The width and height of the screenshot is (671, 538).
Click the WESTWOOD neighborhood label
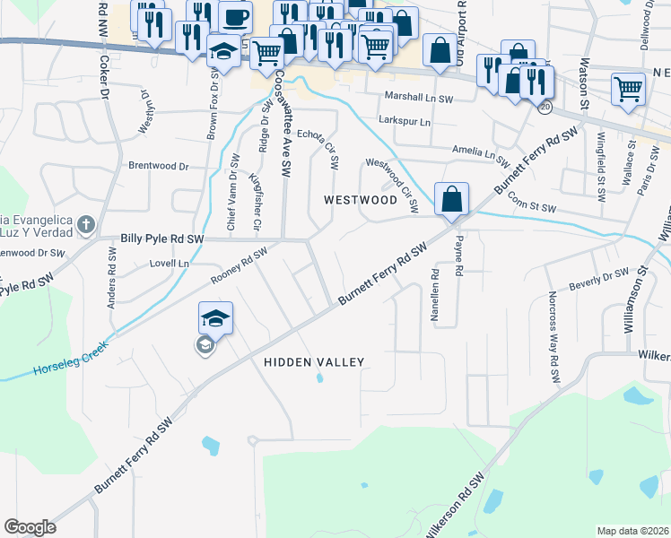click(x=361, y=199)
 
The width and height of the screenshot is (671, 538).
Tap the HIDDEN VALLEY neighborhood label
click(x=314, y=362)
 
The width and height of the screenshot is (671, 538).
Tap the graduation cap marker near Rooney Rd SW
click(x=215, y=317)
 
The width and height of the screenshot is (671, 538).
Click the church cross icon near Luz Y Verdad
click(x=85, y=223)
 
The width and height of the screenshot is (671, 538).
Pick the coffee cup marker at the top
click(x=235, y=17)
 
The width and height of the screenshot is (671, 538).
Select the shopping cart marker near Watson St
click(x=628, y=89)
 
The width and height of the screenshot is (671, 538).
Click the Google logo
click(x=30, y=527)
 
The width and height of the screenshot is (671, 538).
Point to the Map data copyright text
click(x=632, y=531)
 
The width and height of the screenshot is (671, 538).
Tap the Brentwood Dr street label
click(x=159, y=166)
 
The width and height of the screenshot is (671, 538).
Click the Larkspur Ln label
click(x=405, y=121)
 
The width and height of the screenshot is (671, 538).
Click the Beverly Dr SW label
click(x=597, y=279)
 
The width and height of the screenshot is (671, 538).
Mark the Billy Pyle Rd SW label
click(x=163, y=239)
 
